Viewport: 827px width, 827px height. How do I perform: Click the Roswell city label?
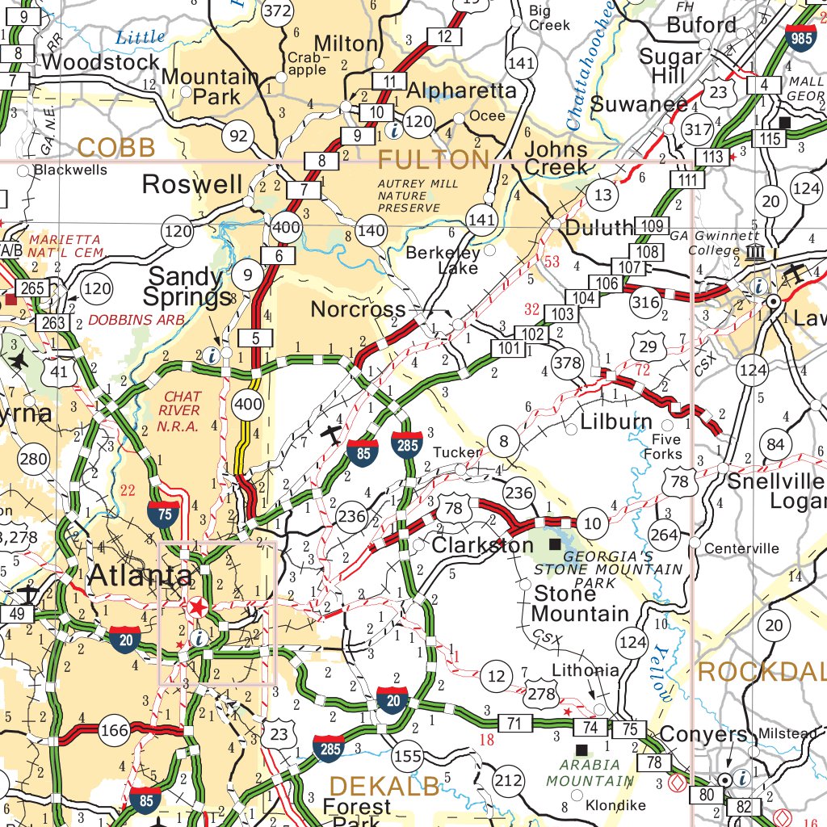tap(191, 184)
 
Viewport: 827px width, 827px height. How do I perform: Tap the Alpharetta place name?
tap(461, 90)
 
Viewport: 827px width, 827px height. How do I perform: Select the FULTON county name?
tap(434, 160)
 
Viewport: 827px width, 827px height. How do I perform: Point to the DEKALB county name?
tap(385, 785)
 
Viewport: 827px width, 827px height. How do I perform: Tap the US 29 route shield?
tap(648, 347)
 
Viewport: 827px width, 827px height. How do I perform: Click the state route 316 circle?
tap(645, 301)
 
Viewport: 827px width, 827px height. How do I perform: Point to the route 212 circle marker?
tap(509, 781)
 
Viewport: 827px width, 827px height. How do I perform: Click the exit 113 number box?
tap(712, 156)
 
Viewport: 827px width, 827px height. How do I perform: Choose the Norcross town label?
tap(358, 309)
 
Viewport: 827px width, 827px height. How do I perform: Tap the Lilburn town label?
tap(616, 422)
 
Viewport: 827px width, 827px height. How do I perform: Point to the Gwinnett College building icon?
tap(756, 253)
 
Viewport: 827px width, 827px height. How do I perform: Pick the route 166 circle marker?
tap(115, 731)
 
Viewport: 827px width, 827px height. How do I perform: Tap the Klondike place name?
tap(615, 805)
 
